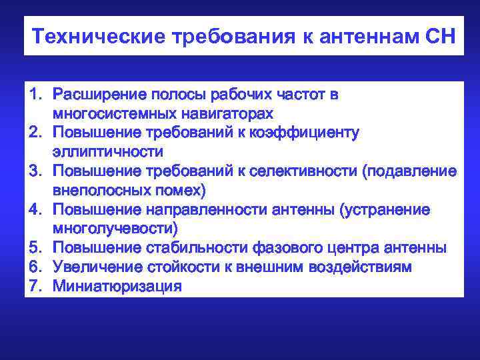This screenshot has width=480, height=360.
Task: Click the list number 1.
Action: coord(35,94)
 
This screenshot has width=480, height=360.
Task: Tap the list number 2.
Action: coord(35,132)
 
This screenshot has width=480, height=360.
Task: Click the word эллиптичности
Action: coord(108,151)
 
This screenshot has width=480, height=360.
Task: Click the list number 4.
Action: coord(35,209)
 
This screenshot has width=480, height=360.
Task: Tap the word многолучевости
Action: coord(115,229)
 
